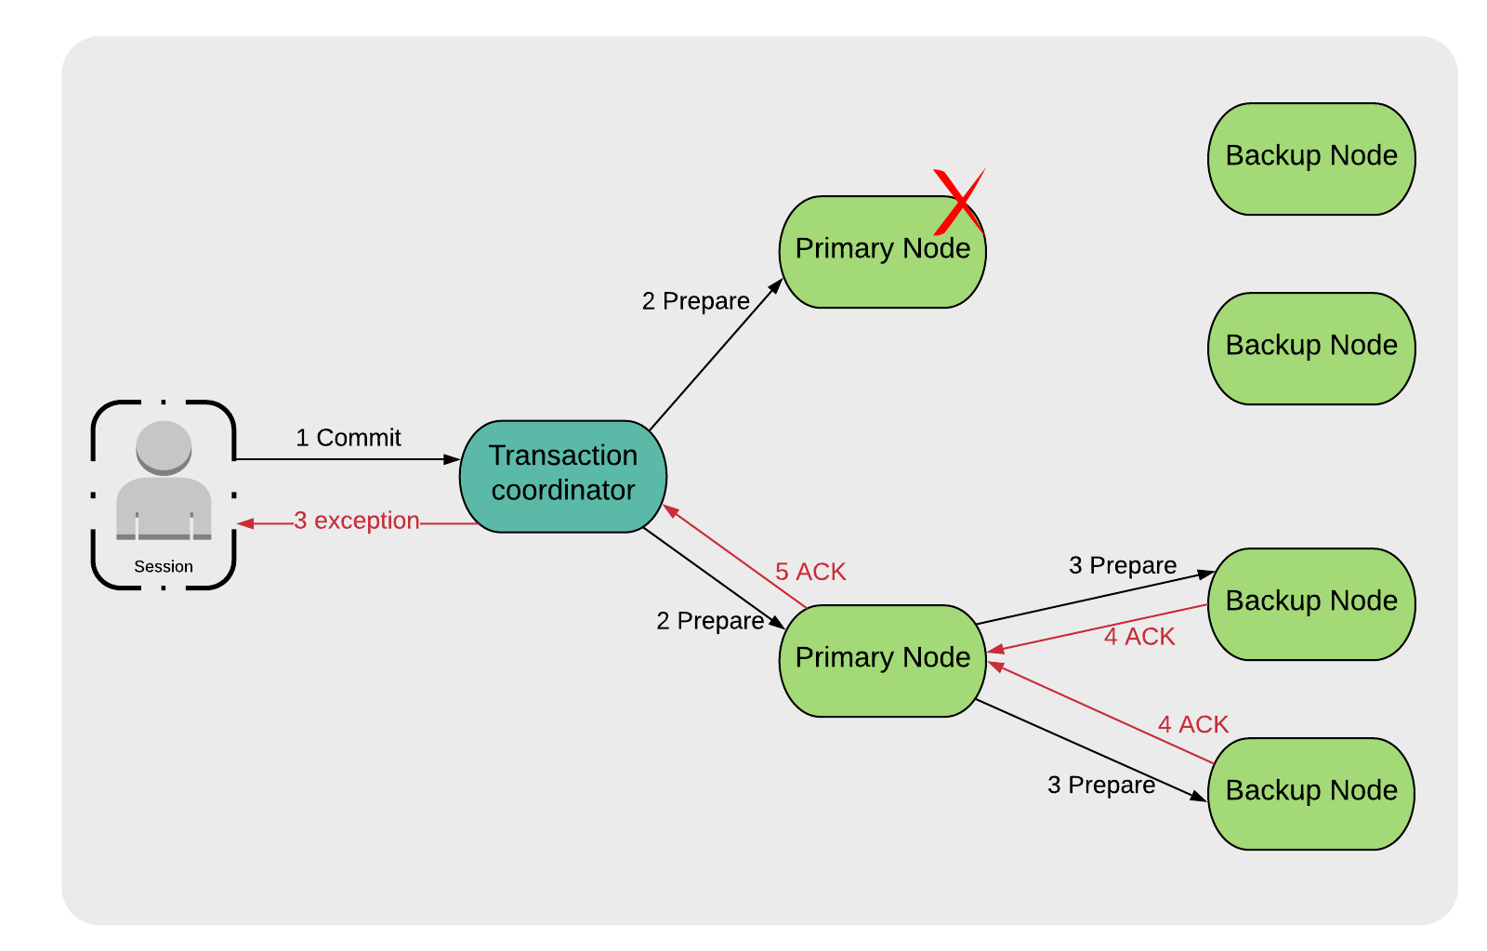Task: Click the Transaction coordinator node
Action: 563,475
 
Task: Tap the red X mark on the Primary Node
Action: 958,201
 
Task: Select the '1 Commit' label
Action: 348,438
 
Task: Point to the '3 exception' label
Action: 357,521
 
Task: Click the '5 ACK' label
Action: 810,572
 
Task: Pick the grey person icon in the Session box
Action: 164,481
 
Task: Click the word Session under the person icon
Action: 164,566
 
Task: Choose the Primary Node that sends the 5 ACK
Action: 882,660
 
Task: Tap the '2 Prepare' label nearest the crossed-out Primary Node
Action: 695,301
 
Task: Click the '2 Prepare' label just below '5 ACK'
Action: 709,621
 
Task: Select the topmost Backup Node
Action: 1310,158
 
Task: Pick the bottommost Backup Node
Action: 1310,793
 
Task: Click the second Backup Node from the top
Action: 1310,348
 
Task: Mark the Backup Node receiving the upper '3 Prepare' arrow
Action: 1310,603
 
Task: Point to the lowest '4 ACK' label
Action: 1192,724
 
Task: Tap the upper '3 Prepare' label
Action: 1122,565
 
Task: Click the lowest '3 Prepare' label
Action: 1100,786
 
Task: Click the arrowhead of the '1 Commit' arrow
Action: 453,459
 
